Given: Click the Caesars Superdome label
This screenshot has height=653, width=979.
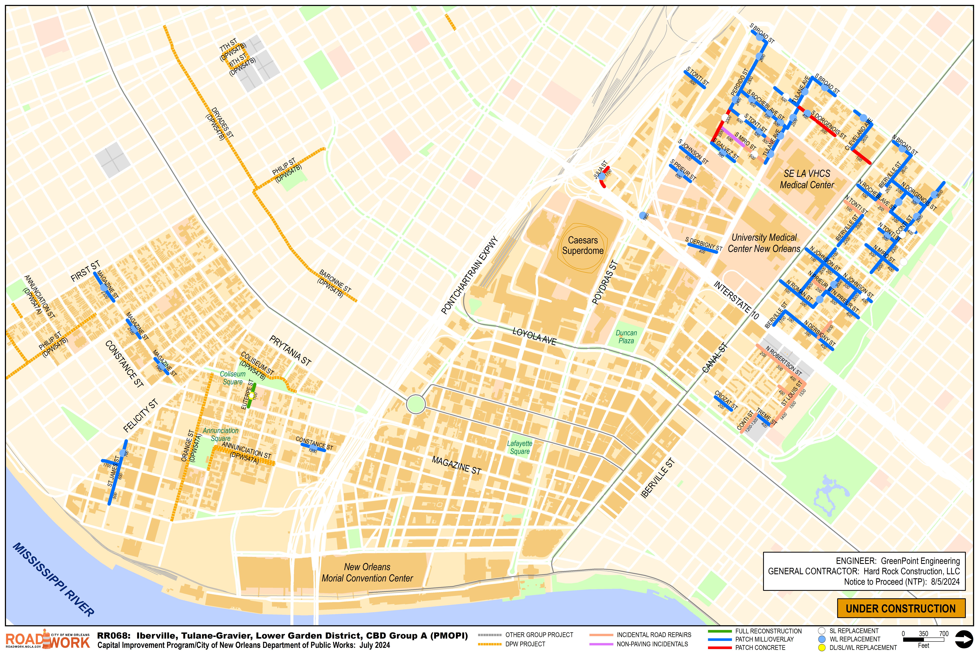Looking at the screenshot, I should click(583, 245).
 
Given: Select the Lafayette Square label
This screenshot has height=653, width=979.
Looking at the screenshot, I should click(519, 447).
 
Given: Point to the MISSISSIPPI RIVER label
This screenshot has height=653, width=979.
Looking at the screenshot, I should click(53, 579).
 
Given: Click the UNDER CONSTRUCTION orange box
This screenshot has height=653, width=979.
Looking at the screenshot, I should click(901, 608).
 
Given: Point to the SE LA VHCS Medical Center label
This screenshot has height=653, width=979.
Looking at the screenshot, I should click(807, 179).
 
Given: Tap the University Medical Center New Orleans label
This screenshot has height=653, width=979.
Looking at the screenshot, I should click(764, 243).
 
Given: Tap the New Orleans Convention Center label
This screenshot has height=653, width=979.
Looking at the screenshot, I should click(367, 572).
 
